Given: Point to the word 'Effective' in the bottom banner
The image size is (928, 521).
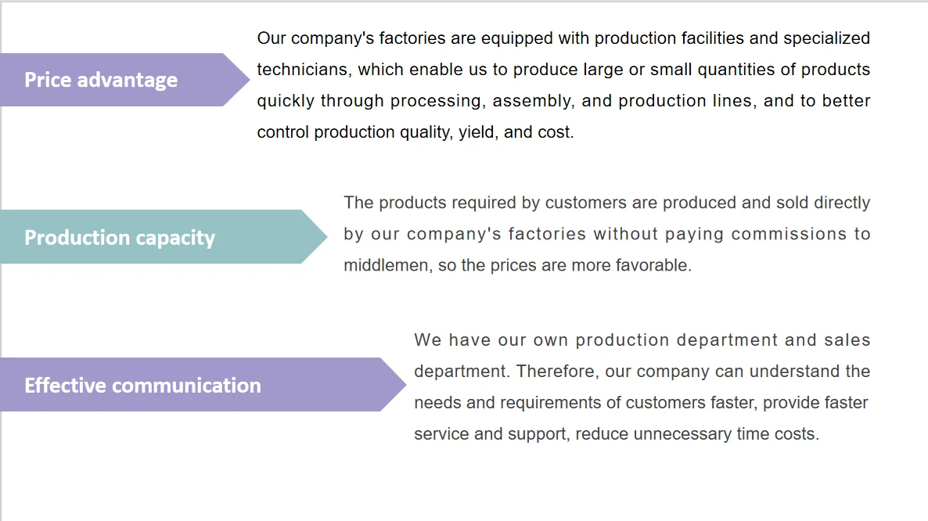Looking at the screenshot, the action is [x=65, y=386].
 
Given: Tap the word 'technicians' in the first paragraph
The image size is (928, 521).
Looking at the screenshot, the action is [x=301, y=70].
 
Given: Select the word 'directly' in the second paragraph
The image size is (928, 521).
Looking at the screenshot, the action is [x=841, y=203].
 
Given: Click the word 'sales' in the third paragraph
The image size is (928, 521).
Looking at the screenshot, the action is [x=847, y=340].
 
